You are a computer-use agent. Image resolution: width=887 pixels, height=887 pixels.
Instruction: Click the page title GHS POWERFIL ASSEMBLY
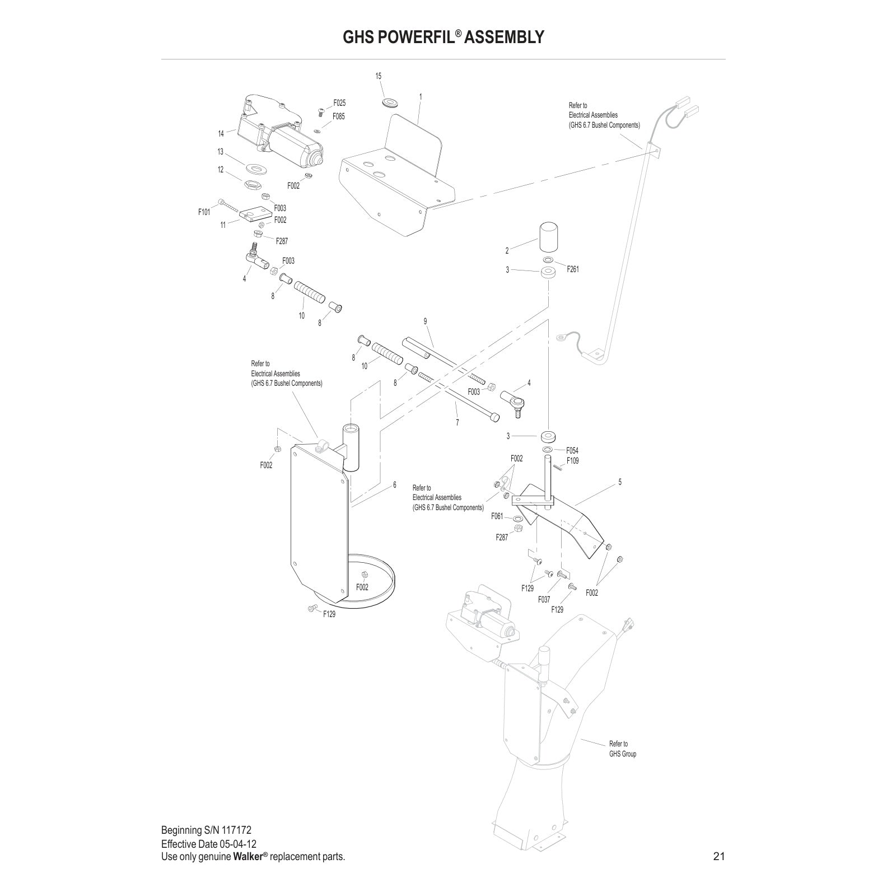coord(443,37)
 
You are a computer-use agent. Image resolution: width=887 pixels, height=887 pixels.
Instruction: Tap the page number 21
coord(719,856)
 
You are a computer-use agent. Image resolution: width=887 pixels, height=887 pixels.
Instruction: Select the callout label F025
coord(339,103)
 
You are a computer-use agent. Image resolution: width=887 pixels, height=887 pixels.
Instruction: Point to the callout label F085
coord(338,116)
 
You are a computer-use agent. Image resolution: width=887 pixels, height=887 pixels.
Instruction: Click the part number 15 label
coord(379,76)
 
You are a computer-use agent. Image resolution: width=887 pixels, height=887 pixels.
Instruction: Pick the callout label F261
coord(573,269)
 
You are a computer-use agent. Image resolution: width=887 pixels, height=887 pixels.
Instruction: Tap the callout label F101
coord(204,212)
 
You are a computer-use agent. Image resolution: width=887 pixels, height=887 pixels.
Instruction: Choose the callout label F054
coord(572,450)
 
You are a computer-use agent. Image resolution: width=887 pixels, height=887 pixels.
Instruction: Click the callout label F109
coord(572,461)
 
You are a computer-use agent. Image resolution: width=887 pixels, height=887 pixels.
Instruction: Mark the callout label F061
coord(497,516)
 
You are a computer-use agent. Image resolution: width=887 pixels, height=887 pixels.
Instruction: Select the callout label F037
coord(544,600)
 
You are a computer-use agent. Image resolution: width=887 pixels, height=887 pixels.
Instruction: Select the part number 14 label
coord(221,133)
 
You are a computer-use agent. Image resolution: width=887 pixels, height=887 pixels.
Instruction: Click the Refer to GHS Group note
coord(622,749)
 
